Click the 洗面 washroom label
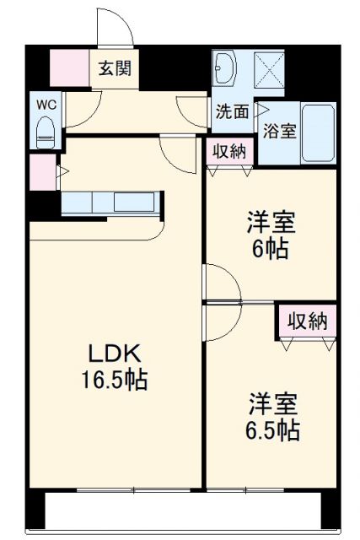231,111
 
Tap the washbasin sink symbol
227,67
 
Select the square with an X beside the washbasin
270,67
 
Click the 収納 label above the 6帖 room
228,153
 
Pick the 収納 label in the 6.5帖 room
307,321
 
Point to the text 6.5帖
272,429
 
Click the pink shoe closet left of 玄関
69,68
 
